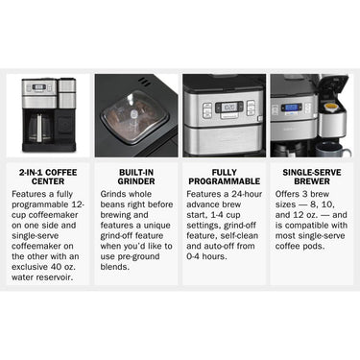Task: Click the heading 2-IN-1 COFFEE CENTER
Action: point(48,177)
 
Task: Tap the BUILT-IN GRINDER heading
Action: point(136,177)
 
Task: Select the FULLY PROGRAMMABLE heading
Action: point(224,177)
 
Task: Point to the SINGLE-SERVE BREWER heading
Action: point(312,177)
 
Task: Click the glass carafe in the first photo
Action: point(39,128)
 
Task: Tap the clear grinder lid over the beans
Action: point(133,117)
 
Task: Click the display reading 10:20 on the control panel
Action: point(228,107)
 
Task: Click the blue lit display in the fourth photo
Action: point(292,108)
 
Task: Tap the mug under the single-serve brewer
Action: point(332,150)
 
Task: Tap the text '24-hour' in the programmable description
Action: point(247,194)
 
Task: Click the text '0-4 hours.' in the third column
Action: point(206,256)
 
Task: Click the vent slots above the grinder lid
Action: point(144,82)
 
